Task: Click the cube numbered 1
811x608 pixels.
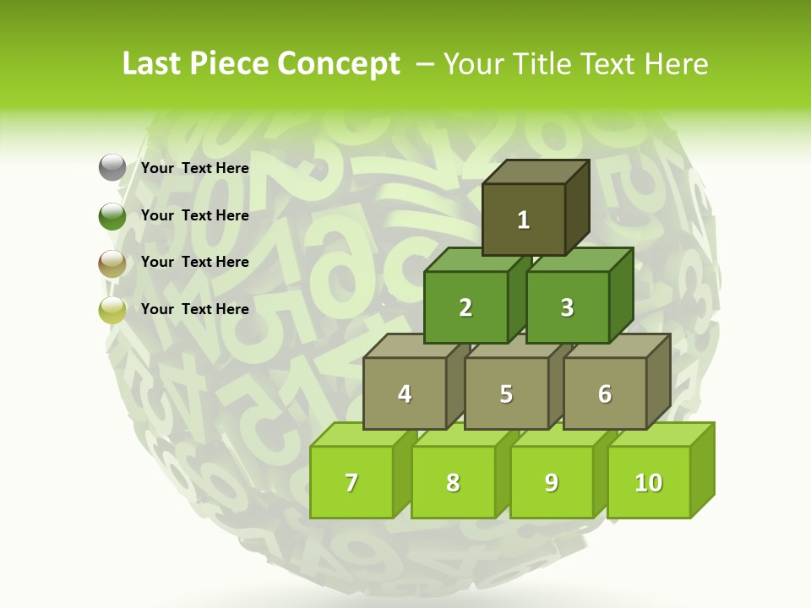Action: coord(524,220)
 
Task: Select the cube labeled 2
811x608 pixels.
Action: coord(465,307)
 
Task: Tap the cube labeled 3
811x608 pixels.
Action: coord(567,307)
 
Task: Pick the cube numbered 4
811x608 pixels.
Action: coord(405,394)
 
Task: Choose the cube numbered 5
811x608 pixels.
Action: coord(506,394)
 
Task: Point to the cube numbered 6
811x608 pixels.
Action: coord(605,394)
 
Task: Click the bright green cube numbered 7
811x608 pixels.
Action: coord(351,482)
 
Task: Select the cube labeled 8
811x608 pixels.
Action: coord(453,482)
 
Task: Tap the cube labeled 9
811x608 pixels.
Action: coord(552,482)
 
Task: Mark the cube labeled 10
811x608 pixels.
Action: coord(649,482)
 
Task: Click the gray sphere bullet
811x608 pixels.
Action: coord(112,168)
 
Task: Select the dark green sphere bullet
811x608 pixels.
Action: coord(112,215)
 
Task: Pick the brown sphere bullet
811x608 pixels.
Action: coord(112,263)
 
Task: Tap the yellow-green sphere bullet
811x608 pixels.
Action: coord(112,309)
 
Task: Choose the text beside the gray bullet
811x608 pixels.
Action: coord(195,168)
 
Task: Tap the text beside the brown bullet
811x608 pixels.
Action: coord(195,262)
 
